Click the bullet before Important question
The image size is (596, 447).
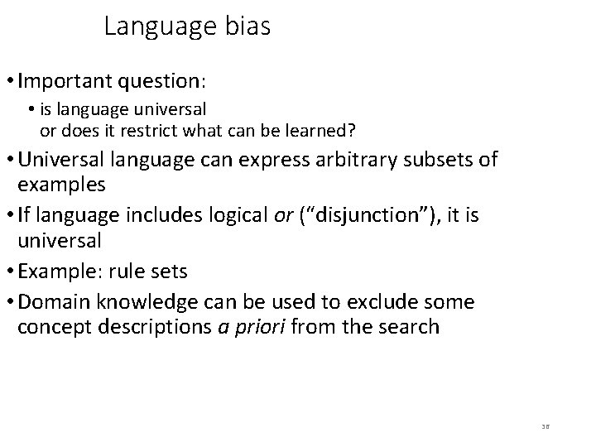click(x=9, y=83)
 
